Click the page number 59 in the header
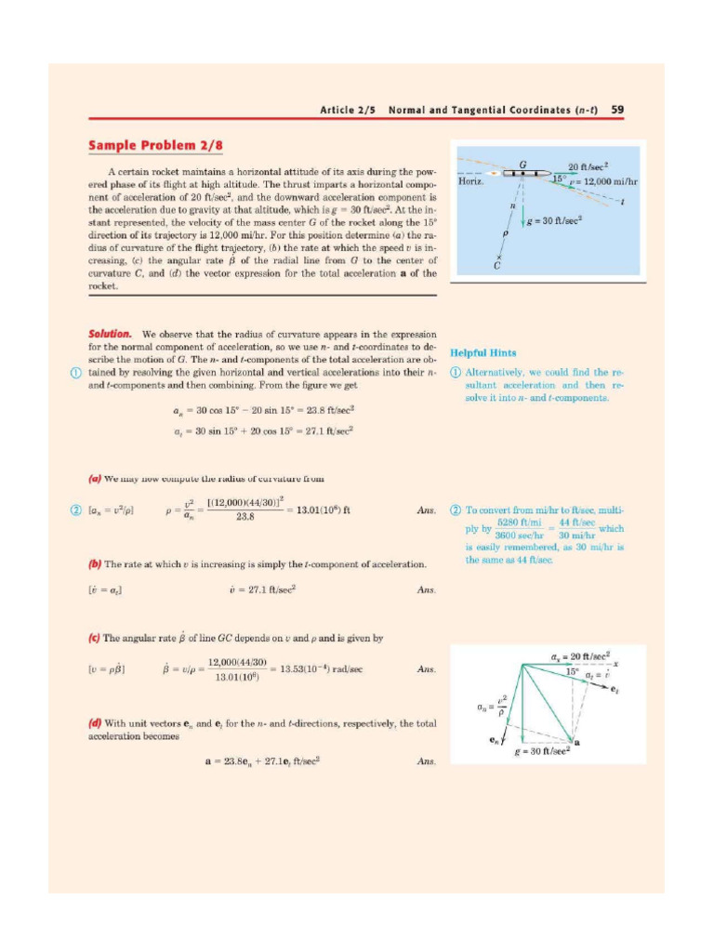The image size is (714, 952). pyautogui.click(x=617, y=110)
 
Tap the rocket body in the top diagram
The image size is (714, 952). pyautogui.click(x=526, y=174)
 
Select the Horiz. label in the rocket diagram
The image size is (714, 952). pyautogui.click(x=472, y=182)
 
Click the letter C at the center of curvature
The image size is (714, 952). pyautogui.click(x=498, y=266)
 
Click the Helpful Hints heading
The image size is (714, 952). pyautogui.click(x=483, y=353)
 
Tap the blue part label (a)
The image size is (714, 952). pyautogui.click(x=94, y=480)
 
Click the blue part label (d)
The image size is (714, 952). pyautogui.click(x=94, y=722)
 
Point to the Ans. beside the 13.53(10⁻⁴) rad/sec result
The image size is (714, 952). pyautogui.click(x=427, y=668)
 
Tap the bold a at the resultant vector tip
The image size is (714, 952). pyautogui.click(x=577, y=740)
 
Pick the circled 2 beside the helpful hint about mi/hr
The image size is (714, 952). pyautogui.click(x=455, y=510)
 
